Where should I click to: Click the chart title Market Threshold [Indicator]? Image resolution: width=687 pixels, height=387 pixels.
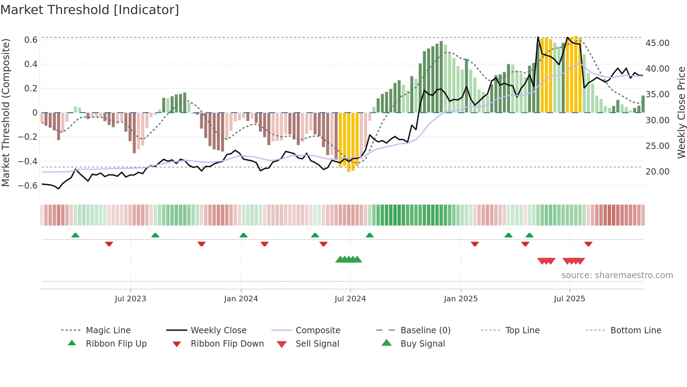click(90, 10)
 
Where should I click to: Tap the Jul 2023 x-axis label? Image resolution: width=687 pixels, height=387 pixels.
click(130, 299)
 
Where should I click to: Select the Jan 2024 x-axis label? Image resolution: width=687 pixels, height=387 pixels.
click(241, 299)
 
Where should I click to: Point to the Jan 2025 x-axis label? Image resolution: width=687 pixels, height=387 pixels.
click(461, 299)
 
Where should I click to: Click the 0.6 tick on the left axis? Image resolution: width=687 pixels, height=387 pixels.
click(31, 40)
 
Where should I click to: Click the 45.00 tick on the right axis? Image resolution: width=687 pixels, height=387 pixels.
click(657, 43)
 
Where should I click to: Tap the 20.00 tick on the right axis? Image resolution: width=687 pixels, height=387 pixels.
click(657, 172)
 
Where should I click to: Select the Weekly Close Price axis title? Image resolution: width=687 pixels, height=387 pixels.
click(681, 112)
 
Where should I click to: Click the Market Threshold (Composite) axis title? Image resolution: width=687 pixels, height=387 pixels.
click(6, 112)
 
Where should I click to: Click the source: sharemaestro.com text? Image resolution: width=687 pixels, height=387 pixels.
click(617, 275)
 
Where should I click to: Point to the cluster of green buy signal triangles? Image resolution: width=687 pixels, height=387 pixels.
click(349, 260)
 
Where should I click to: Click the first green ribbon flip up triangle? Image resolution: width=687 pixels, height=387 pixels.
click(75, 235)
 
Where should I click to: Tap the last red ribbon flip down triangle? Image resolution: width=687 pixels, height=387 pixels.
click(589, 244)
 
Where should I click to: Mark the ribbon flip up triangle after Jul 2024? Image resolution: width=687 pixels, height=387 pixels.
click(370, 235)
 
